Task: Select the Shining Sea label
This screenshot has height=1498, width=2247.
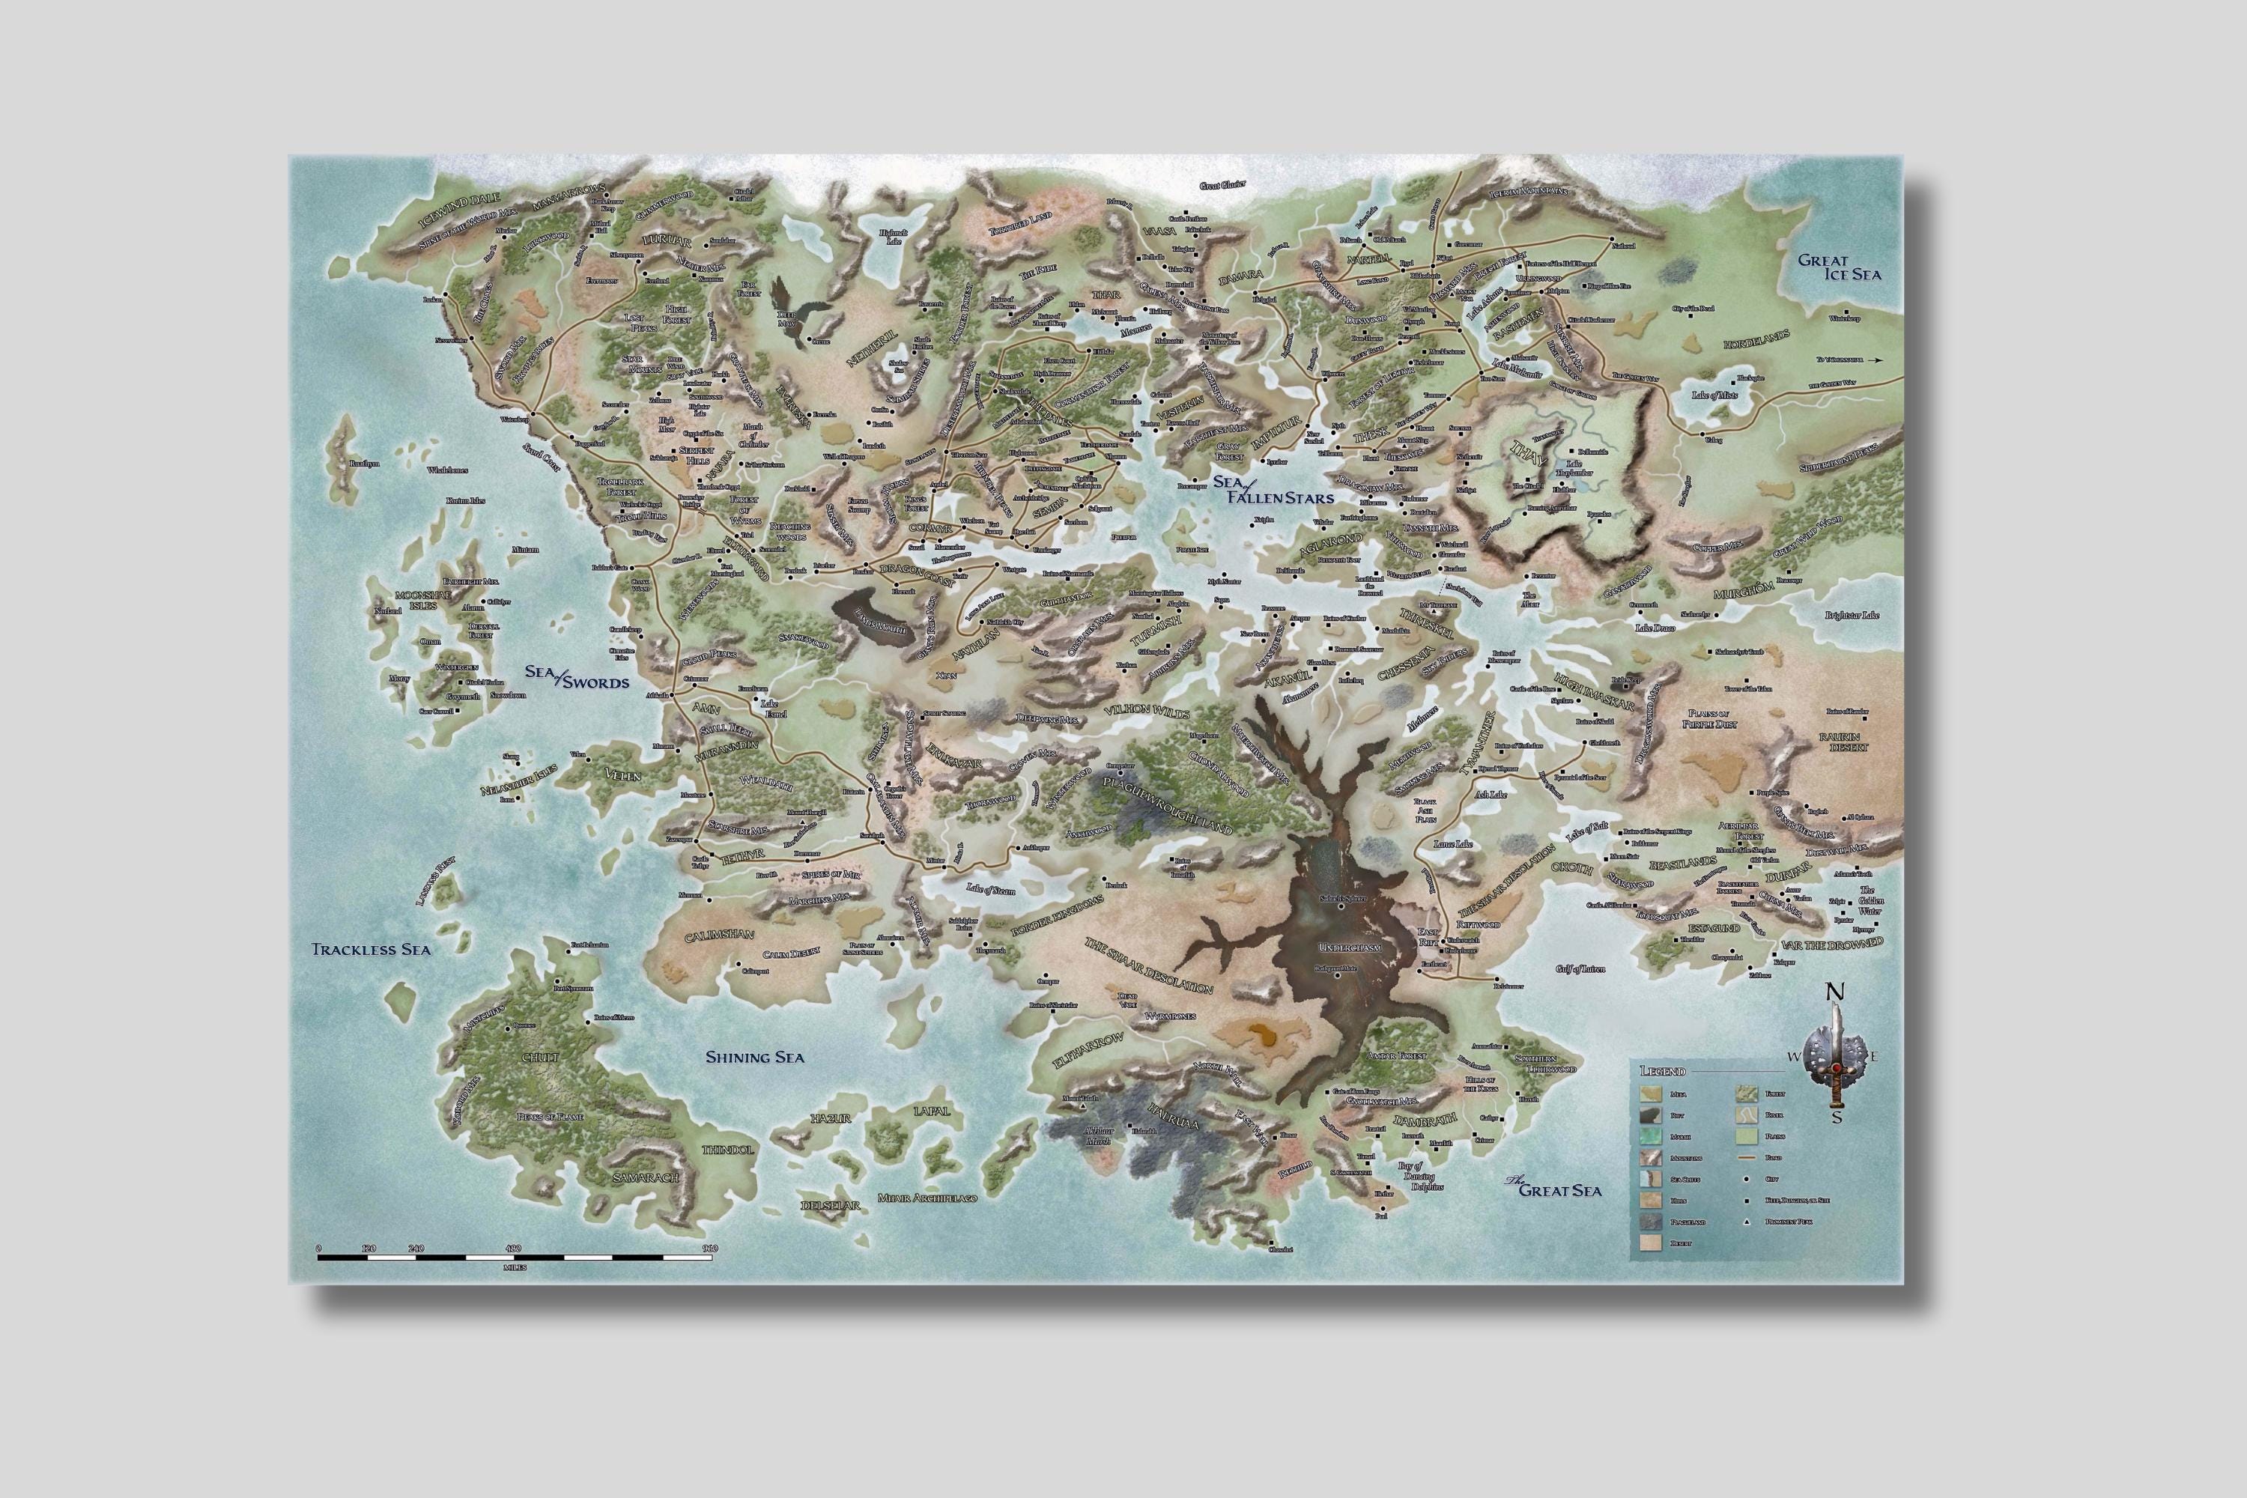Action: pyautogui.click(x=755, y=1057)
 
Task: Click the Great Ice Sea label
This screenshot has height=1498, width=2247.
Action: pyautogui.click(x=1839, y=267)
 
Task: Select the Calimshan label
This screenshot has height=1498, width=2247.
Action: pyautogui.click(x=719, y=936)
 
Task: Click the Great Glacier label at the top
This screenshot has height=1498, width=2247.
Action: pyautogui.click(x=1223, y=184)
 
